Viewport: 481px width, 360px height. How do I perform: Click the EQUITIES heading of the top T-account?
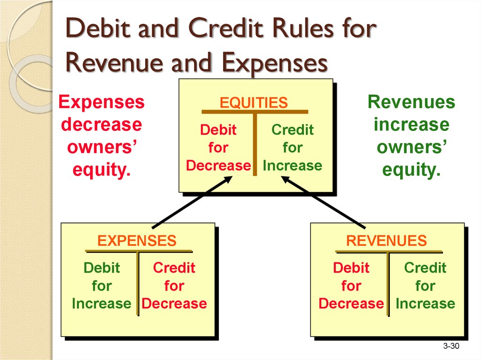[x=254, y=102]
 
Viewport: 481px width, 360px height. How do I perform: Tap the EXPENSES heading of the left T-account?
[x=137, y=241]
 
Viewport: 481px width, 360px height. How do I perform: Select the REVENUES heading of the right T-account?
[x=387, y=241]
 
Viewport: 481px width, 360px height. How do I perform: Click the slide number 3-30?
[x=451, y=346]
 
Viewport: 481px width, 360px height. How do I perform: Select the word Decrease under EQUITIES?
[x=218, y=166]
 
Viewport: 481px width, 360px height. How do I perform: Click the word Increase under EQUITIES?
[x=292, y=166]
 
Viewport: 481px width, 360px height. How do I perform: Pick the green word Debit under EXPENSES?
[x=101, y=268]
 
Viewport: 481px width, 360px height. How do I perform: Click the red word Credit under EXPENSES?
[x=174, y=268]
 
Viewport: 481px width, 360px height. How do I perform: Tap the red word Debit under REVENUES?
[x=351, y=268]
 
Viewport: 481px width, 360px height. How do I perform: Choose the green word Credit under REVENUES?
[x=425, y=268]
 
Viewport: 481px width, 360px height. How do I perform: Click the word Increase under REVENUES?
[x=425, y=304]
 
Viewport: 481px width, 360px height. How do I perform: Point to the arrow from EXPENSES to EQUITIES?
[x=192, y=202]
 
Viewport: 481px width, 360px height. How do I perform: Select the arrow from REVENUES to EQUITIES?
[x=323, y=202]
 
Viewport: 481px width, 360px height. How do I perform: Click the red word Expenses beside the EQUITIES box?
[x=101, y=102]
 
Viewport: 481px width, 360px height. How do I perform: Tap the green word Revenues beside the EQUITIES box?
[x=411, y=102]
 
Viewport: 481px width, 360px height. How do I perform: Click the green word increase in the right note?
[x=411, y=124]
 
